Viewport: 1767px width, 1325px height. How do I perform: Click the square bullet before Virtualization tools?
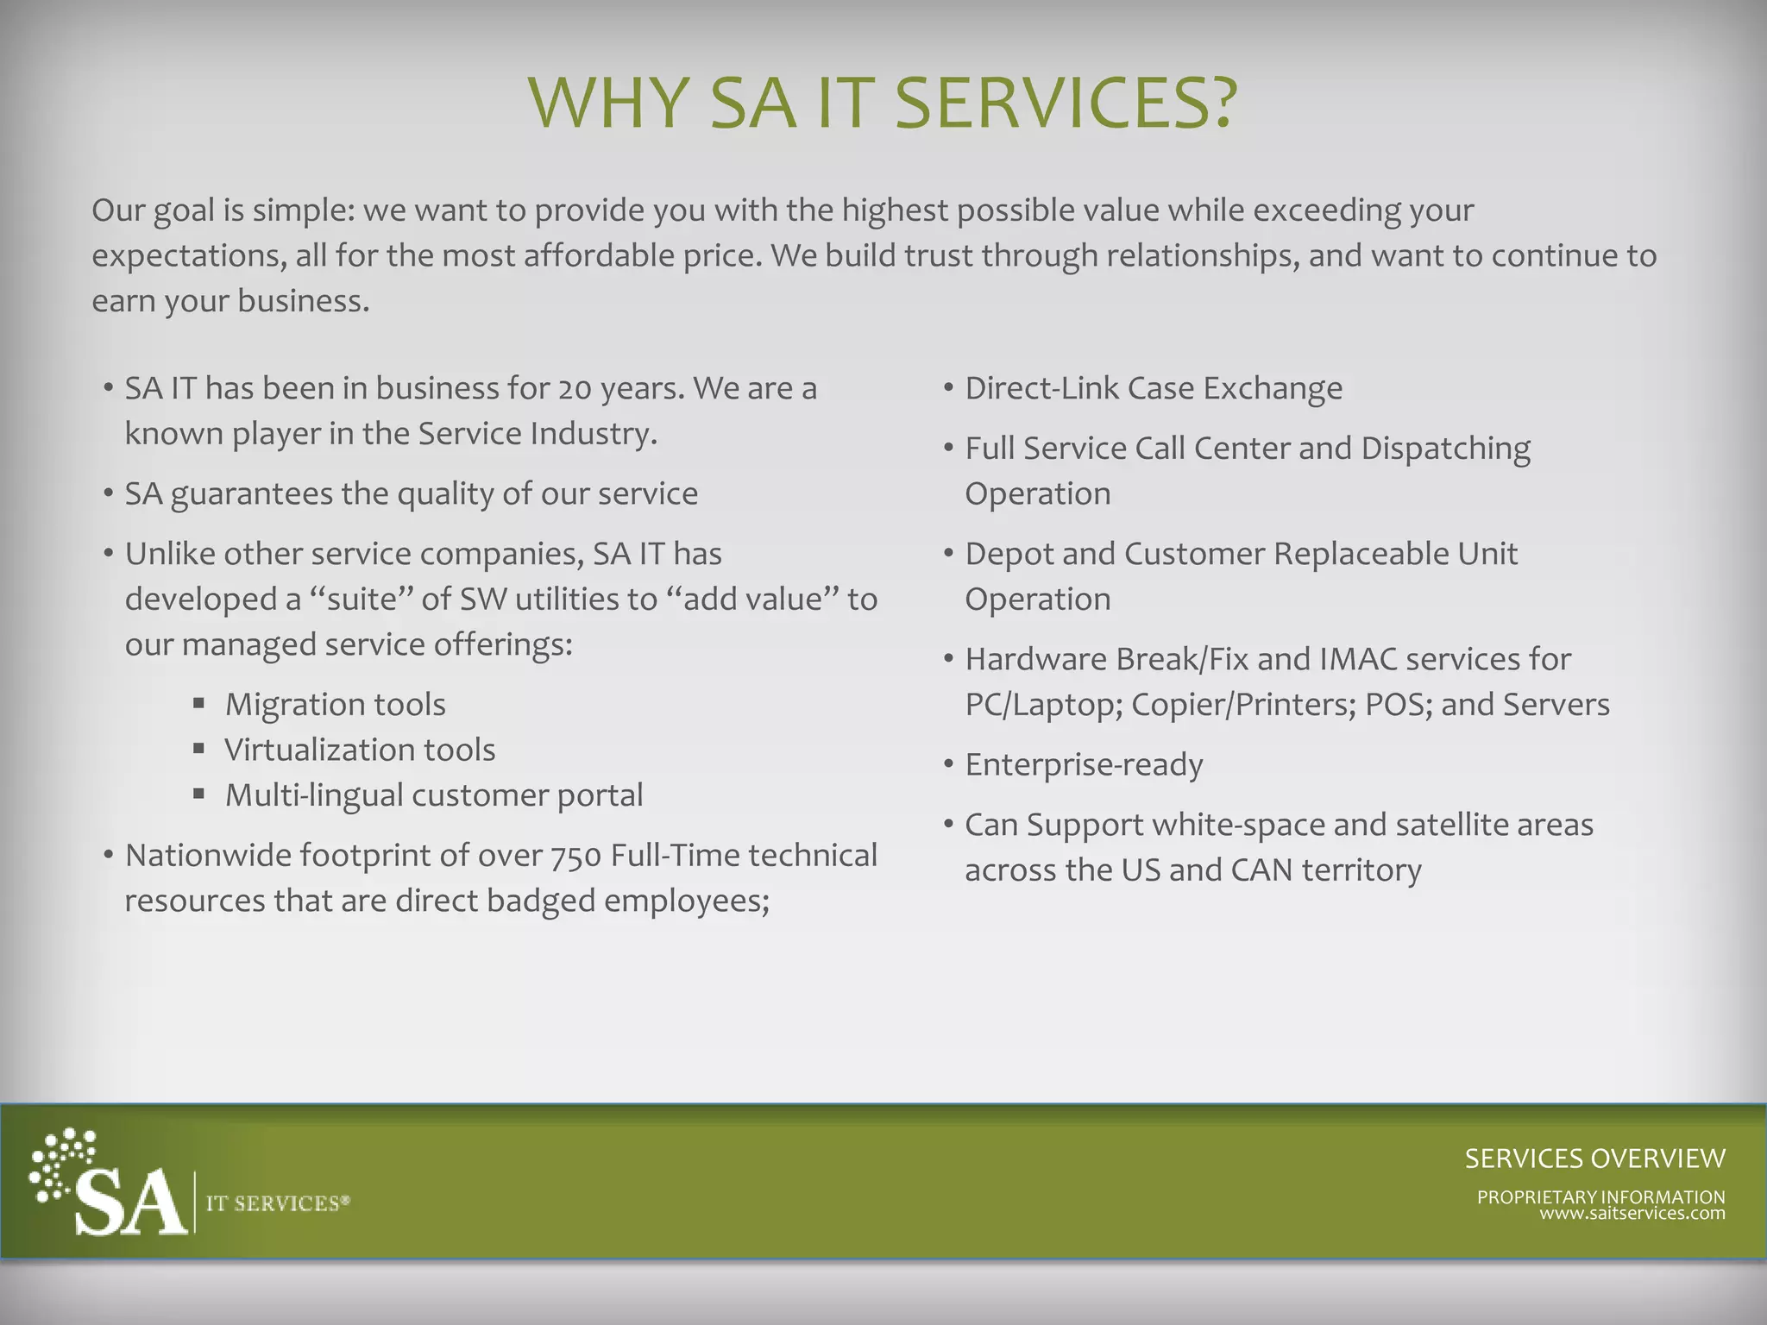pos(199,749)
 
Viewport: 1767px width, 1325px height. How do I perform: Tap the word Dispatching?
pos(1445,449)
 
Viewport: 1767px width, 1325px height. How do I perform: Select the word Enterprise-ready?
pos(1084,765)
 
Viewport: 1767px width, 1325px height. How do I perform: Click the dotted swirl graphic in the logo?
pos(60,1160)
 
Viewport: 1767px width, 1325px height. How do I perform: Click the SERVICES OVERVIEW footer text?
pos(1594,1159)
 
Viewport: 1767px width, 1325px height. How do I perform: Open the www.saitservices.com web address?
pos(1632,1214)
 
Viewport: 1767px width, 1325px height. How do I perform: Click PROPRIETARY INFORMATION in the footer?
pos(1600,1196)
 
